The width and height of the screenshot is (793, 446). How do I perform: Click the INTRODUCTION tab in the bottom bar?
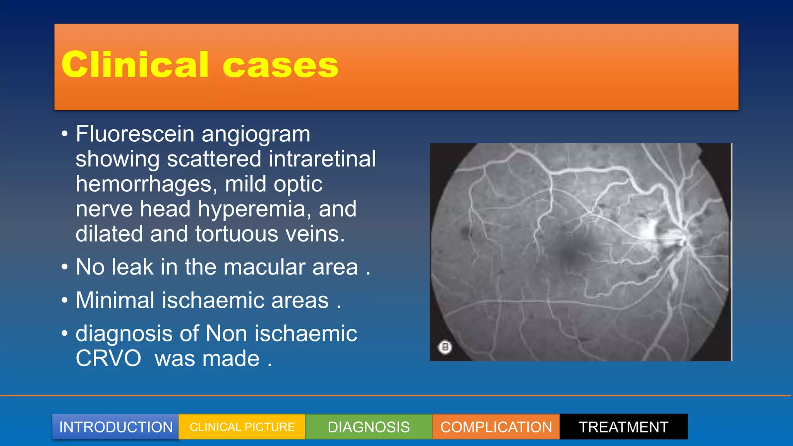click(x=115, y=427)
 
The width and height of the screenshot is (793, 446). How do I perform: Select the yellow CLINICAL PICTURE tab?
click(x=242, y=427)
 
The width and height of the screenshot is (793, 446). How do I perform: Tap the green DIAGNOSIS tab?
click(x=369, y=427)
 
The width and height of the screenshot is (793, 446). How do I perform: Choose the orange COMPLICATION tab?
click(x=496, y=427)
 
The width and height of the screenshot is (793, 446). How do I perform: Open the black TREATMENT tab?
click(x=623, y=427)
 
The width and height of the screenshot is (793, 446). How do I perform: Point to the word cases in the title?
click(x=280, y=65)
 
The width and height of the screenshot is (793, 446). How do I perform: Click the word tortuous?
click(x=237, y=234)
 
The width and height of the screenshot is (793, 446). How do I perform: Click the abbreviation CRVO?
click(x=108, y=359)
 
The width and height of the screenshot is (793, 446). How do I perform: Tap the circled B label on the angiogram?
click(x=445, y=347)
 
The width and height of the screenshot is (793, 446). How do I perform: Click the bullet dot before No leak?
click(x=65, y=267)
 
